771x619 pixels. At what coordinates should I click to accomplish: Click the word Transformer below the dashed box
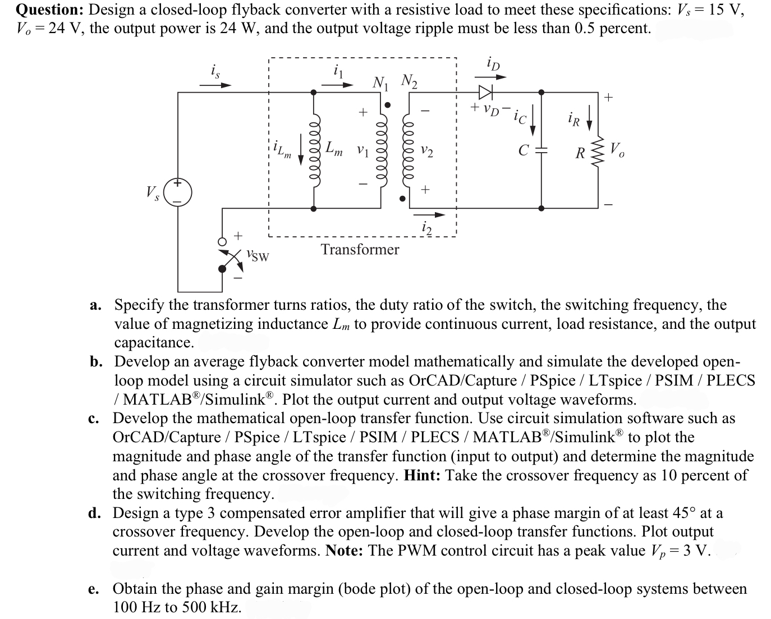(360, 250)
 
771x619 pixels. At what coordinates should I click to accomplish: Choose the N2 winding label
(410, 81)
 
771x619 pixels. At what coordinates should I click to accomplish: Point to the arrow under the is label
(215, 86)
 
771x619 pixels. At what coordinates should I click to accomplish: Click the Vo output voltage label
(616, 150)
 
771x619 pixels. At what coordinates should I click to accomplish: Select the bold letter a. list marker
(96, 305)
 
